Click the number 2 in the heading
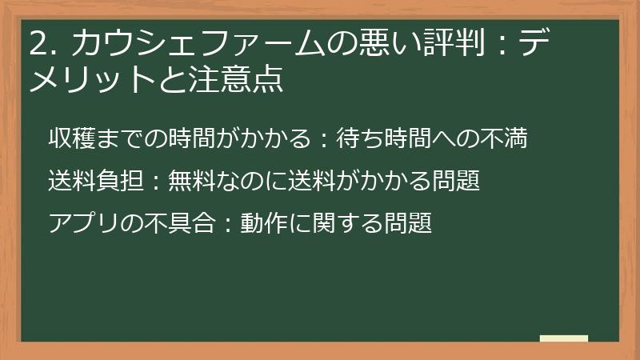point(37,45)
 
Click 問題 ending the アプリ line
point(410,223)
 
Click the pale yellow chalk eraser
point(563,339)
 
